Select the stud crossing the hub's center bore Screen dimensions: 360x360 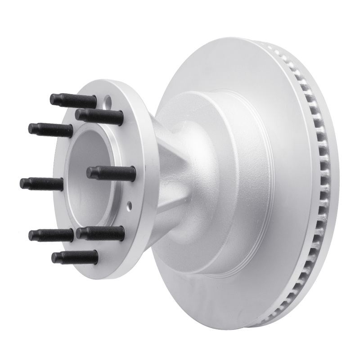111,172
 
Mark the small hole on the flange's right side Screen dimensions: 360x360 130,207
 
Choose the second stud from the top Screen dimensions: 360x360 99,116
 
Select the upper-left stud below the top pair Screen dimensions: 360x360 50,129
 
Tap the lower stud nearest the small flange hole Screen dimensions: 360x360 100,233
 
